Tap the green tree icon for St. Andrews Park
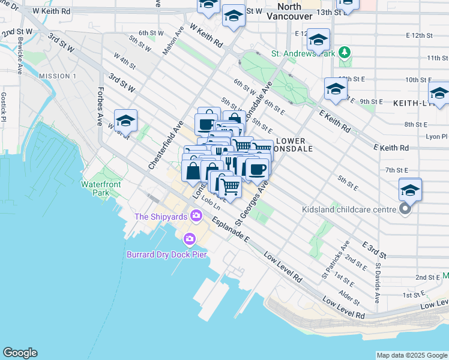point(345,53)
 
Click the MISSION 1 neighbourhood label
point(58,76)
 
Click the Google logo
point(20,353)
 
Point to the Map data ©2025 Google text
point(411,355)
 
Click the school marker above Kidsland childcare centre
point(410,190)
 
